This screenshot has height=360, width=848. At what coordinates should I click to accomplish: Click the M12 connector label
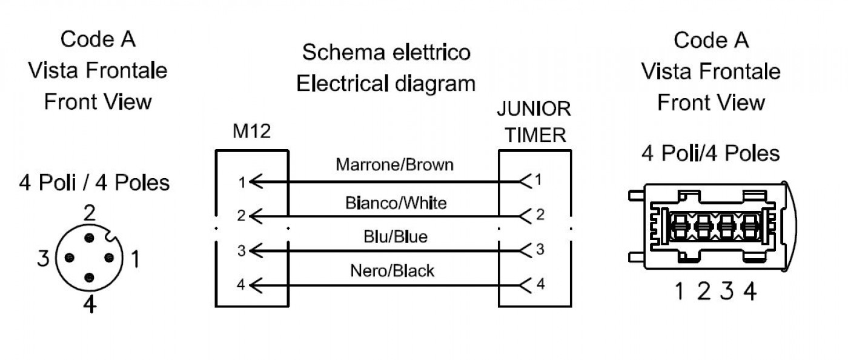pyautogui.click(x=252, y=131)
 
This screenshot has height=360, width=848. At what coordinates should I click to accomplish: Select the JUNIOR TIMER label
pyautogui.click(x=534, y=122)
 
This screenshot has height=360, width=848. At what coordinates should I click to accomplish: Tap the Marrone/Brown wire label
pyautogui.click(x=394, y=165)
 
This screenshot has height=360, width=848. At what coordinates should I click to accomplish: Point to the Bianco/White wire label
pyautogui.click(x=396, y=203)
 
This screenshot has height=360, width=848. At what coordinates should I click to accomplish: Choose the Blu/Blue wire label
pyautogui.click(x=396, y=237)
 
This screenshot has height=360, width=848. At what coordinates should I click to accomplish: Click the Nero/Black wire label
pyautogui.click(x=393, y=271)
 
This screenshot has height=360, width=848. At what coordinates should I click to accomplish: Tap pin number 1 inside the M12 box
pyautogui.click(x=242, y=182)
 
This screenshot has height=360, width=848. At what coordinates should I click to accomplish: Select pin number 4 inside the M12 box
pyautogui.click(x=241, y=285)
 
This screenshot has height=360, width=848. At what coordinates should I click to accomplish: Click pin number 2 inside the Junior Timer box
pyautogui.click(x=540, y=215)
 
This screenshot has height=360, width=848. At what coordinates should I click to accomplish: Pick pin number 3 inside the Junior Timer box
pyautogui.click(x=540, y=249)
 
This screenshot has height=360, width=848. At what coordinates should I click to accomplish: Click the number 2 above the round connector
pyautogui.click(x=90, y=213)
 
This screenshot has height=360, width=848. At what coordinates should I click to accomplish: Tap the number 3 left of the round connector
pyautogui.click(x=43, y=258)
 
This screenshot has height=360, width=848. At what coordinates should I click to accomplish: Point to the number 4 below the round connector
pyautogui.click(x=90, y=304)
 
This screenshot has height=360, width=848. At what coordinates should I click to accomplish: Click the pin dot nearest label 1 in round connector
pyautogui.click(x=109, y=258)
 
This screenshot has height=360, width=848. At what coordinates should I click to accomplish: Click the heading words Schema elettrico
pyautogui.click(x=386, y=52)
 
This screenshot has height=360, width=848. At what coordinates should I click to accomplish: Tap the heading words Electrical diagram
pyautogui.click(x=386, y=84)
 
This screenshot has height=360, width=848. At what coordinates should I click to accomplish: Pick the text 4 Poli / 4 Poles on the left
pyautogui.click(x=94, y=182)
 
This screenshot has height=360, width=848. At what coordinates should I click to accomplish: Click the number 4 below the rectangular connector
pyautogui.click(x=750, y=292)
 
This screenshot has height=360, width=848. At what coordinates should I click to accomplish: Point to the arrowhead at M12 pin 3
pyautogui.click(x=256, y=251)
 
